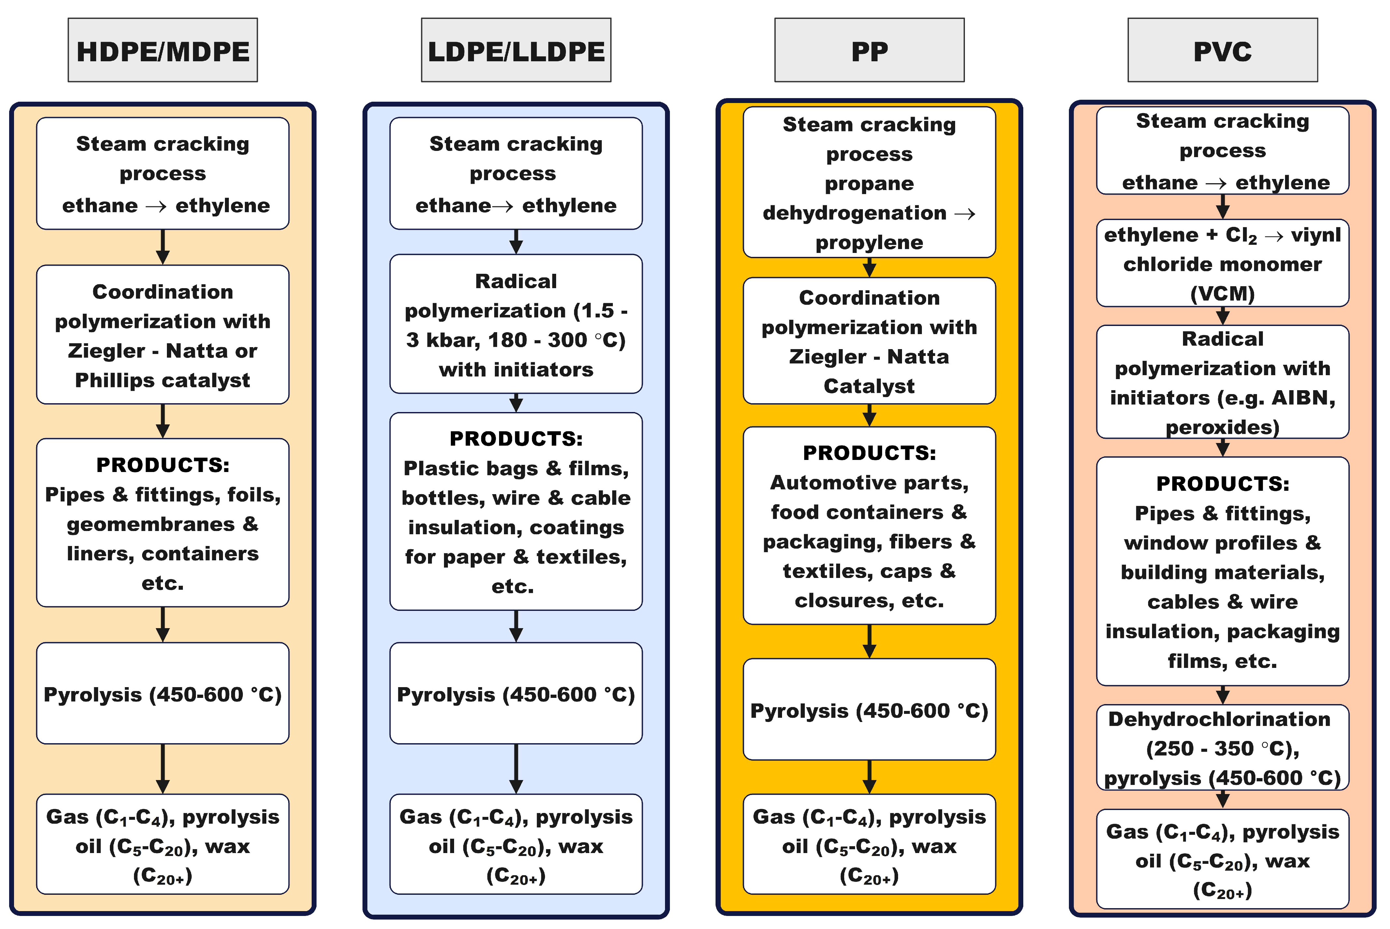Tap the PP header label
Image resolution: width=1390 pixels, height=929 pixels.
point(869,52)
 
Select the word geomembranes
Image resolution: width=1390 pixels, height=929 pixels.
point(151,524)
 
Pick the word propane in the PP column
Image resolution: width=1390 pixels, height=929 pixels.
point(869,184)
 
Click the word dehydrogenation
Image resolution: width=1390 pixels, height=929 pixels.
point(854,213)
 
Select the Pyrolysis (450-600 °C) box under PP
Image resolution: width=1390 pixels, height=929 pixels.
point(869,710)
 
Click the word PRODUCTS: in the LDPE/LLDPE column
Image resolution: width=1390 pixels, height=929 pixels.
point(516,439)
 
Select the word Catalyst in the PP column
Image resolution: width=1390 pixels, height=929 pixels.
point(869,386)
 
